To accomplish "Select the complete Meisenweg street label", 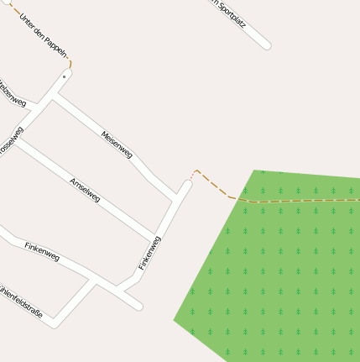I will [117, 144].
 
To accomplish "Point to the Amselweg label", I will [85, 189].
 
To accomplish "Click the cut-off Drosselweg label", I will [11, 141].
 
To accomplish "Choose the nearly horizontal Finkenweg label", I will [42, 251].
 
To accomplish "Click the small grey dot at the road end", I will [64, 76].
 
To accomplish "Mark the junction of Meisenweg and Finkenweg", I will [177, 198].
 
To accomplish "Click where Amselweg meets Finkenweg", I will [154, 237].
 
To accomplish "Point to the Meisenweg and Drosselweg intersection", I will [52, 99].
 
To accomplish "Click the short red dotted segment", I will [190, 177].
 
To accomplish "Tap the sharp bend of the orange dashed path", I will [196, 171].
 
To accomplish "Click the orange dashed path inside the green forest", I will [302, 200].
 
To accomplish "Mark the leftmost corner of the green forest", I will [174, 319].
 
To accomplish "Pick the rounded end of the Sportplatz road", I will [267, 45].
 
